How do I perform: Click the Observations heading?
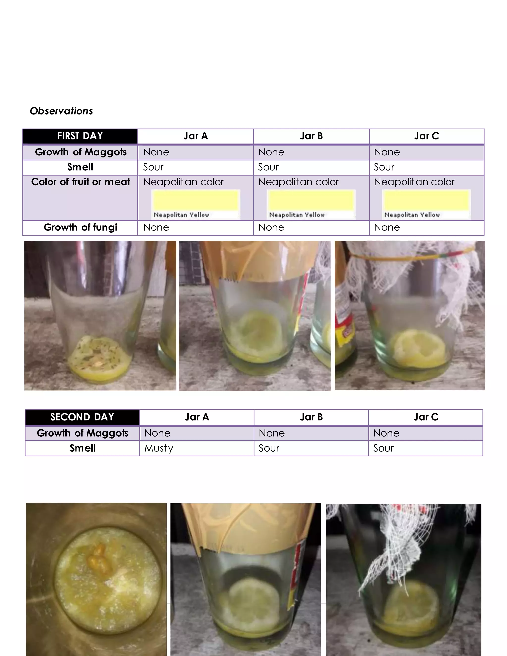(x=61, y=111)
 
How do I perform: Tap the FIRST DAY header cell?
(x=80, y=136)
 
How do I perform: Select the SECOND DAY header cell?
(x=82, y=417)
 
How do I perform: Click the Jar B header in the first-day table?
(x=311, y=136)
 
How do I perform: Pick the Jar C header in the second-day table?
(x=426, y=417)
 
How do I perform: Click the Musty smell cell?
(x=159, y=448)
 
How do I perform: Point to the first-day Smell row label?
(x=80, y=167)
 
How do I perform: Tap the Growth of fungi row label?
(x=80, y=227)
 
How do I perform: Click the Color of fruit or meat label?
(x=80, y=182)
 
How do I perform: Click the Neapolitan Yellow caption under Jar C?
(x=412, y=215)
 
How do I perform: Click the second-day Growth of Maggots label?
(x=83, y=433)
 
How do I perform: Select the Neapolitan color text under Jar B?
(x=298, y=182)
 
